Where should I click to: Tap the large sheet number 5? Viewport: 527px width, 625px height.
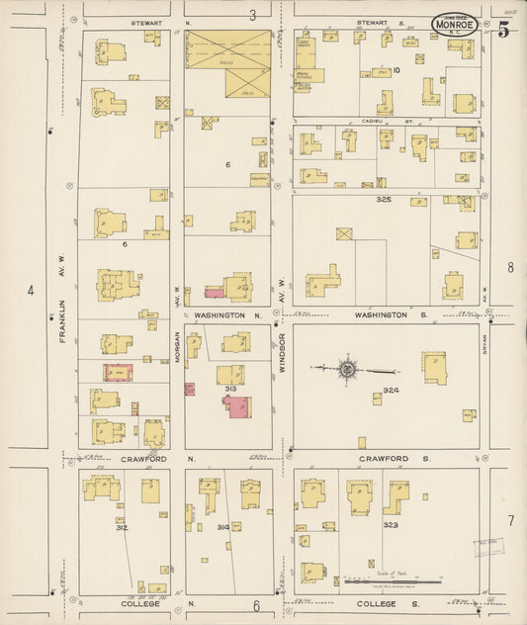(503, 29)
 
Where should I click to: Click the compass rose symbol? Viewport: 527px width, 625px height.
(347, 369)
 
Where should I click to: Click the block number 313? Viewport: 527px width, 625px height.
(230, 389)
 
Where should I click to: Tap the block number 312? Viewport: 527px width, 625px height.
(121, 527)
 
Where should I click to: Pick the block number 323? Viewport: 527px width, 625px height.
(391, 525)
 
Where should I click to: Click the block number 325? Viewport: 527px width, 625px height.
(384, 200)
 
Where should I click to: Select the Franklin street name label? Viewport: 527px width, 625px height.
(62, 321)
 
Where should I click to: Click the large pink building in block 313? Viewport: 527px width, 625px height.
(236, 406)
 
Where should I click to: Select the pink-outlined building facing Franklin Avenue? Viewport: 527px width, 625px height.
(119, 373)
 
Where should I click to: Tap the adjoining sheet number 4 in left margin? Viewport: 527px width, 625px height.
(31, 291)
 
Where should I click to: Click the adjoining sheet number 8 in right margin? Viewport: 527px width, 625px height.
(510, 267)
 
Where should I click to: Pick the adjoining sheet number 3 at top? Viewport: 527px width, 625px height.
(252, 15)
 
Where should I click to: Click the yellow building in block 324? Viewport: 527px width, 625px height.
(434, 367)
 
